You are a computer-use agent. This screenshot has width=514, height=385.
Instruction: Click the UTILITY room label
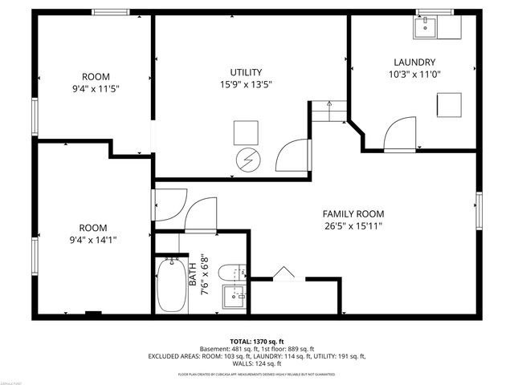pyautogui.click(x=246, y=72)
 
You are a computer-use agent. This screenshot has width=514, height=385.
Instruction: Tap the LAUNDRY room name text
pyautogui.click(x=414, y=62)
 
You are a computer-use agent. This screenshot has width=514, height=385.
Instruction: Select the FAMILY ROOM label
pyautogui.click(x=353, y=214)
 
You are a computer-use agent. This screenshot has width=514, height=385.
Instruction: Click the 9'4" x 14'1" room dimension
pyautogui.click(x=94, y=238)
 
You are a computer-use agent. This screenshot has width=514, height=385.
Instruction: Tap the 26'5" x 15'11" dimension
pyautogui.click(x=353, y=226)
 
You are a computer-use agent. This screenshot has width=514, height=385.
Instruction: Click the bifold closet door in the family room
pyautogui.click(x=282, y=274)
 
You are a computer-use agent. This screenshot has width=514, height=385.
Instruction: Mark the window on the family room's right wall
pyautogui.click(x=479, y=210)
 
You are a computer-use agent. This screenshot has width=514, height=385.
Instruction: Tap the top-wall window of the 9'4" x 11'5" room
pyautogui.click(x=110, y=12)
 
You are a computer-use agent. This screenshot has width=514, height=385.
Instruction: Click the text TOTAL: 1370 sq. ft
pyautogui.click(x=256, y=341)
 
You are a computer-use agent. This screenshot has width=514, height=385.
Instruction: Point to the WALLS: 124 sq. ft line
pyautogui.click(x=256, y=363)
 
